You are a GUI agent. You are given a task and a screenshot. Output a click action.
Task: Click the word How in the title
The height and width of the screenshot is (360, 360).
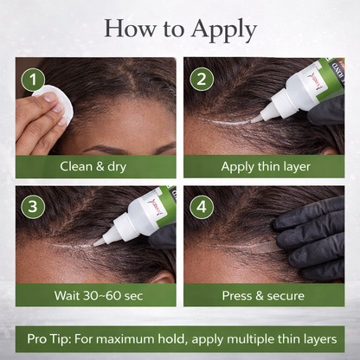(x=125, y=29)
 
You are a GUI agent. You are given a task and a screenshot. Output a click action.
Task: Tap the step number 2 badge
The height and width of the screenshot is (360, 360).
(x=202, y=80)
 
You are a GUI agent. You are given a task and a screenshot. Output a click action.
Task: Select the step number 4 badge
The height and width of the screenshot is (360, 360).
(x=202, y=208)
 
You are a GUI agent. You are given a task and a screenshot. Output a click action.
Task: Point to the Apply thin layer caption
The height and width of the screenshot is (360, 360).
(x=265, y=165)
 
